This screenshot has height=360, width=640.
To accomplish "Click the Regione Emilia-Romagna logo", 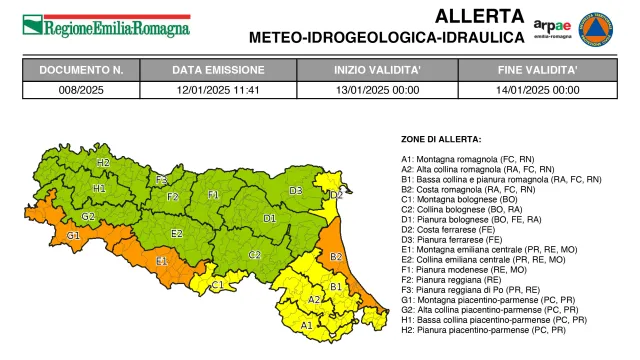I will (106, 25).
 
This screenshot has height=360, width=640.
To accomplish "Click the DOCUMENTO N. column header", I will (81, 71).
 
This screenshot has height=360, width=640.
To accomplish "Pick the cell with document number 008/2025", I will (81, 89).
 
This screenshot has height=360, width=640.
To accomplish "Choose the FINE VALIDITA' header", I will (538, 71).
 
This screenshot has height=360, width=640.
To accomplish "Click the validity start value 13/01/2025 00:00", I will (377, 89).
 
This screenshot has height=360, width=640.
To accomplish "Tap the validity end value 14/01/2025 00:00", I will (538, 89).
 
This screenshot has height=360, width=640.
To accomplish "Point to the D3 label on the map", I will (295, 190).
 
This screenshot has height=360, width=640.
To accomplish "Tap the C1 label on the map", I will (217, 285).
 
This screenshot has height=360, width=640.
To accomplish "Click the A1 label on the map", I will (306, 324).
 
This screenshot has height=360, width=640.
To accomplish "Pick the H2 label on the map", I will (103, 161).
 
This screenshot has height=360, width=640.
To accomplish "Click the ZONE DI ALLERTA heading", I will (441, 139).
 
